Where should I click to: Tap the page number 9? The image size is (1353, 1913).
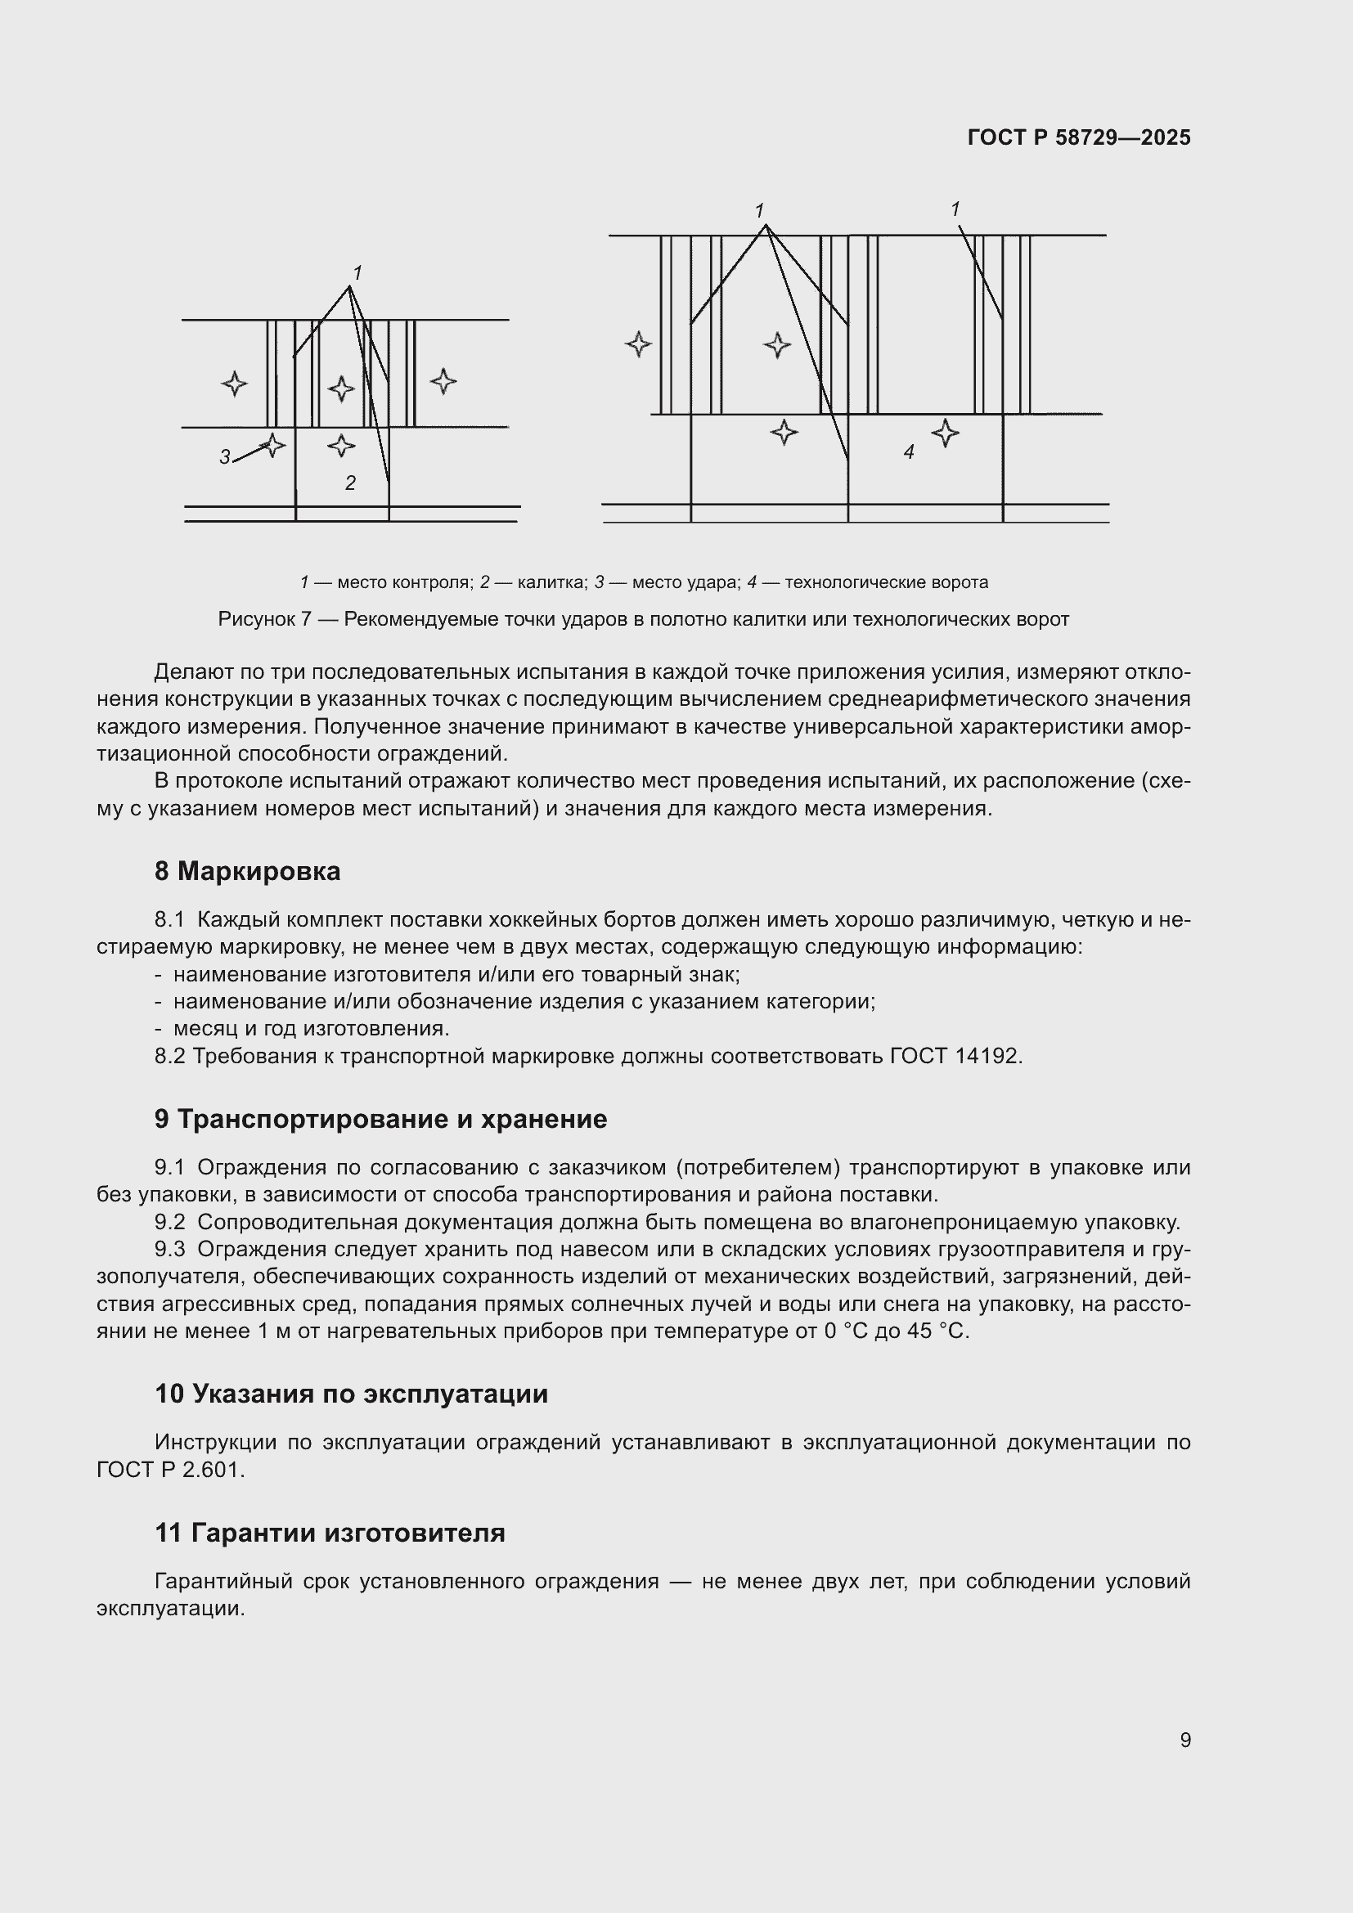coord(1184,1740)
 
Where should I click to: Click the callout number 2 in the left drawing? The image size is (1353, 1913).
coord(351,483)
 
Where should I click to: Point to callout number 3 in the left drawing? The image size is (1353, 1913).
coord(225,456)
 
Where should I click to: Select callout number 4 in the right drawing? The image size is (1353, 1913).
coord(909,452)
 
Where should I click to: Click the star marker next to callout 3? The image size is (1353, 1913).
coord(272,445)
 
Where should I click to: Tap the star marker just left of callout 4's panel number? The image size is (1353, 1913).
coord(783,433)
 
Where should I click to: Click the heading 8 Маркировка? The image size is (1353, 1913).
coord(247,872)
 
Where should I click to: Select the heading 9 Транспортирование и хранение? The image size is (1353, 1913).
coord(380,1119)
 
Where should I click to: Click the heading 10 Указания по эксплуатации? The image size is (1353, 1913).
coord(352,1394)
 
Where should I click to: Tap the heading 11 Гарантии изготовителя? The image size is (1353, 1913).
coord(330,1533)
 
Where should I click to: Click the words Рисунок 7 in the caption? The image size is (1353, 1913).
coord(264,620)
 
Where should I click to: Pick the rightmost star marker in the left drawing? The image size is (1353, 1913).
coord(443,382)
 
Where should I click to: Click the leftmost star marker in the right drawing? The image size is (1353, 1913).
coord(638,344)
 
